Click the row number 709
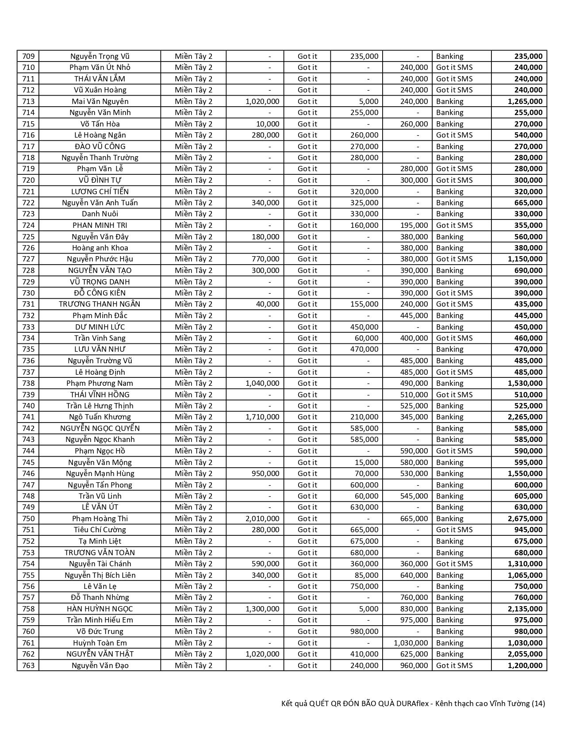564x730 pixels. pos(28,56)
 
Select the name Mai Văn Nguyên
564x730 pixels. pos(100,101)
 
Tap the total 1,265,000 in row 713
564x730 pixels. pos(525,101)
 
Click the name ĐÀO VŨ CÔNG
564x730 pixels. pos(100,146)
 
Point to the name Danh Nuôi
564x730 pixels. pos(100,214)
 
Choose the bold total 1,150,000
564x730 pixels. pos(525,259)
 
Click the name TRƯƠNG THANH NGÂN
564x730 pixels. pos(100,304)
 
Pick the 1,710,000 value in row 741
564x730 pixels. pos(262,417)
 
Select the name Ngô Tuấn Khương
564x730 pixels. pos(100,417)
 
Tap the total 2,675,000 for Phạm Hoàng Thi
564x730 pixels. pos(525,519)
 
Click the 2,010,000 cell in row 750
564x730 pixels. pos(262,519)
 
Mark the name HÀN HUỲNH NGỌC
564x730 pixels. pos(100,609)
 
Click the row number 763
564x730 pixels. pos(28,665)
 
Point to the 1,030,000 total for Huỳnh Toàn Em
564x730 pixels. pos(525,643)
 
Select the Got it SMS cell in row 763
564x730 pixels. pos(454,665)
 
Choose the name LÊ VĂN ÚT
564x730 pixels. pos(100,507)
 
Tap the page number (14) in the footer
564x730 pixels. pos(538,703)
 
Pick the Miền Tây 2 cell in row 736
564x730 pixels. pos(193,361)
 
